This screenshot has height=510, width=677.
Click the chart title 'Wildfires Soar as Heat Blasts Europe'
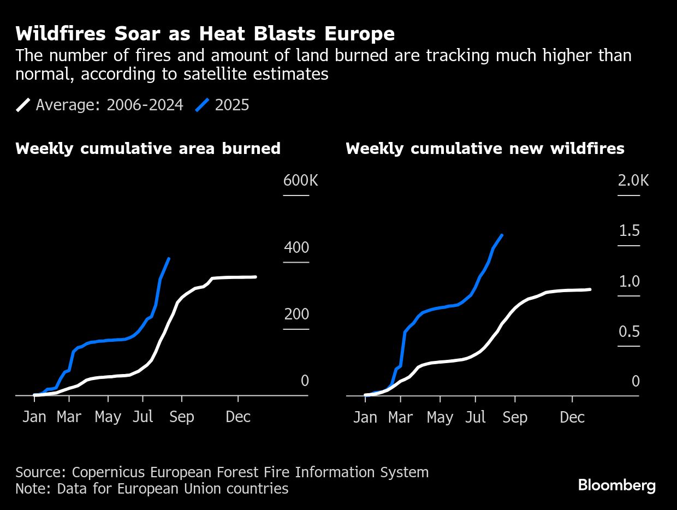(205, 34)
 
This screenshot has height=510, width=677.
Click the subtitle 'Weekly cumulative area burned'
(148, 149)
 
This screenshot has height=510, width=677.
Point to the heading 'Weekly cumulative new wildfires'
(485, 149)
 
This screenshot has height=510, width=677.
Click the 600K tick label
(300, 181)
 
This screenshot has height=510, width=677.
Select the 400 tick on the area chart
(296, 248)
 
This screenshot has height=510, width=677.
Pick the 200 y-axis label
(296, 315)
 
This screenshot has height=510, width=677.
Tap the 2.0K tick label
(633, 181)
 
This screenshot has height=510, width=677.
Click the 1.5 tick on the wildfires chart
(629, 231)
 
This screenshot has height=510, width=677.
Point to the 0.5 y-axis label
(629, 332)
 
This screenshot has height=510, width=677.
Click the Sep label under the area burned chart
(181, 417)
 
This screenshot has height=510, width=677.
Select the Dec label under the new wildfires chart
(572, 418)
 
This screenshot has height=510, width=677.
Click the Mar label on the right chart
(400, 418)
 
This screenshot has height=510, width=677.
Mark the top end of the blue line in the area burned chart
(169, 259)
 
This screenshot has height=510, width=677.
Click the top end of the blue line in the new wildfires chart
(502, 235)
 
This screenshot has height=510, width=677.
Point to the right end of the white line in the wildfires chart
(590, 289)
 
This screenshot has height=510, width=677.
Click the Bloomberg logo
(616, 485)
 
